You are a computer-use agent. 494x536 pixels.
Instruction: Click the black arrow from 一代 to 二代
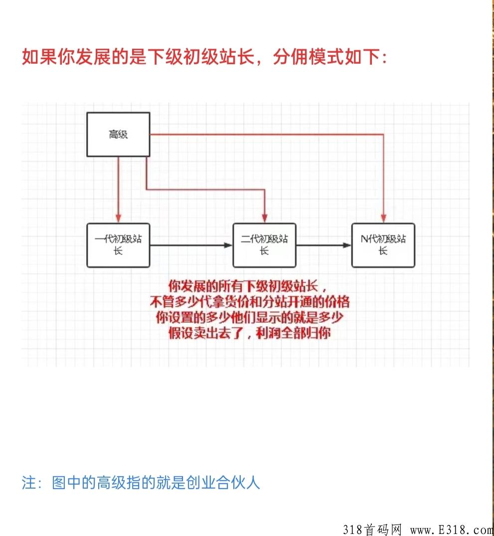(191, 245)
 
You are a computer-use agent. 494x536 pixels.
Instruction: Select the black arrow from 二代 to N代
(324, 245)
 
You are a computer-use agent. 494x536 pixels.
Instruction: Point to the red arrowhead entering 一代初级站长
(118, 218)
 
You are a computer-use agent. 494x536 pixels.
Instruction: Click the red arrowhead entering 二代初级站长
(265, 218)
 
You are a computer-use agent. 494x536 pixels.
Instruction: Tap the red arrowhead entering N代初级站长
(383, 218)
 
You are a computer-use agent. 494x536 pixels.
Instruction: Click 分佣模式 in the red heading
(309, 56)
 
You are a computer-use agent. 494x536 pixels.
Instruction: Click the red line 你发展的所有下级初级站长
(247, 286)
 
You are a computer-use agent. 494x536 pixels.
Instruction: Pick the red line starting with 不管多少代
(250, 302)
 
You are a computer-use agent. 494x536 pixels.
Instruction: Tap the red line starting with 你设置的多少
(250, 318)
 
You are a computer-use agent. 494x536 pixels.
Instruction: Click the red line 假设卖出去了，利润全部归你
(250, 333)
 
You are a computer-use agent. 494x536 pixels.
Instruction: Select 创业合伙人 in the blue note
(223, 482)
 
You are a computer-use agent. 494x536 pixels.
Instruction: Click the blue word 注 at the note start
(29, 482)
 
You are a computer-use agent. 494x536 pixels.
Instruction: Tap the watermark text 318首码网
(372, 529)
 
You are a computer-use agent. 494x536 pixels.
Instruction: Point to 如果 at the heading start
(39, 56)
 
